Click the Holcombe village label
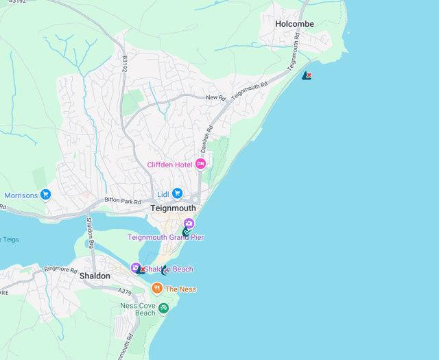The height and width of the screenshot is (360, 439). coord(294,24)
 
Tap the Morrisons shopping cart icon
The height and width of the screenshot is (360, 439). coord(46,195)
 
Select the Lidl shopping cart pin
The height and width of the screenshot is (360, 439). coord(177,193)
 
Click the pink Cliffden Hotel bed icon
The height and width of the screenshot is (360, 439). coord(201,164)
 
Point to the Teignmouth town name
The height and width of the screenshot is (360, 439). coord(173,208)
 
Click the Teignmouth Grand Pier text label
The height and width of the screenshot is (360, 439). coord(165,237)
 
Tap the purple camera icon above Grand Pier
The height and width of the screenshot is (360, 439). coord(189,224)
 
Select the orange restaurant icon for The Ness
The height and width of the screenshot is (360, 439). coord(157,289)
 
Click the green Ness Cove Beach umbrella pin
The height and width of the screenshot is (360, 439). coord(163,308)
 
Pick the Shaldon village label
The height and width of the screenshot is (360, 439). coord(95,276)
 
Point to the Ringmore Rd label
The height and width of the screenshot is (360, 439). coord(60,269)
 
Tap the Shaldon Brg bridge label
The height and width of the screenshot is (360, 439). coord(89,232)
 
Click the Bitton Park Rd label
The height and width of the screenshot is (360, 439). coord(122,202)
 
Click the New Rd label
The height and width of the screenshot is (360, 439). coord(215,98)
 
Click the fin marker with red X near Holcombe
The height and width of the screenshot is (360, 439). coord(307,75)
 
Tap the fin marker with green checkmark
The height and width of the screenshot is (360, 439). coord(187,232)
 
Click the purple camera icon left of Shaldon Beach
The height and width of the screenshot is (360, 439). coord(136,267)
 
